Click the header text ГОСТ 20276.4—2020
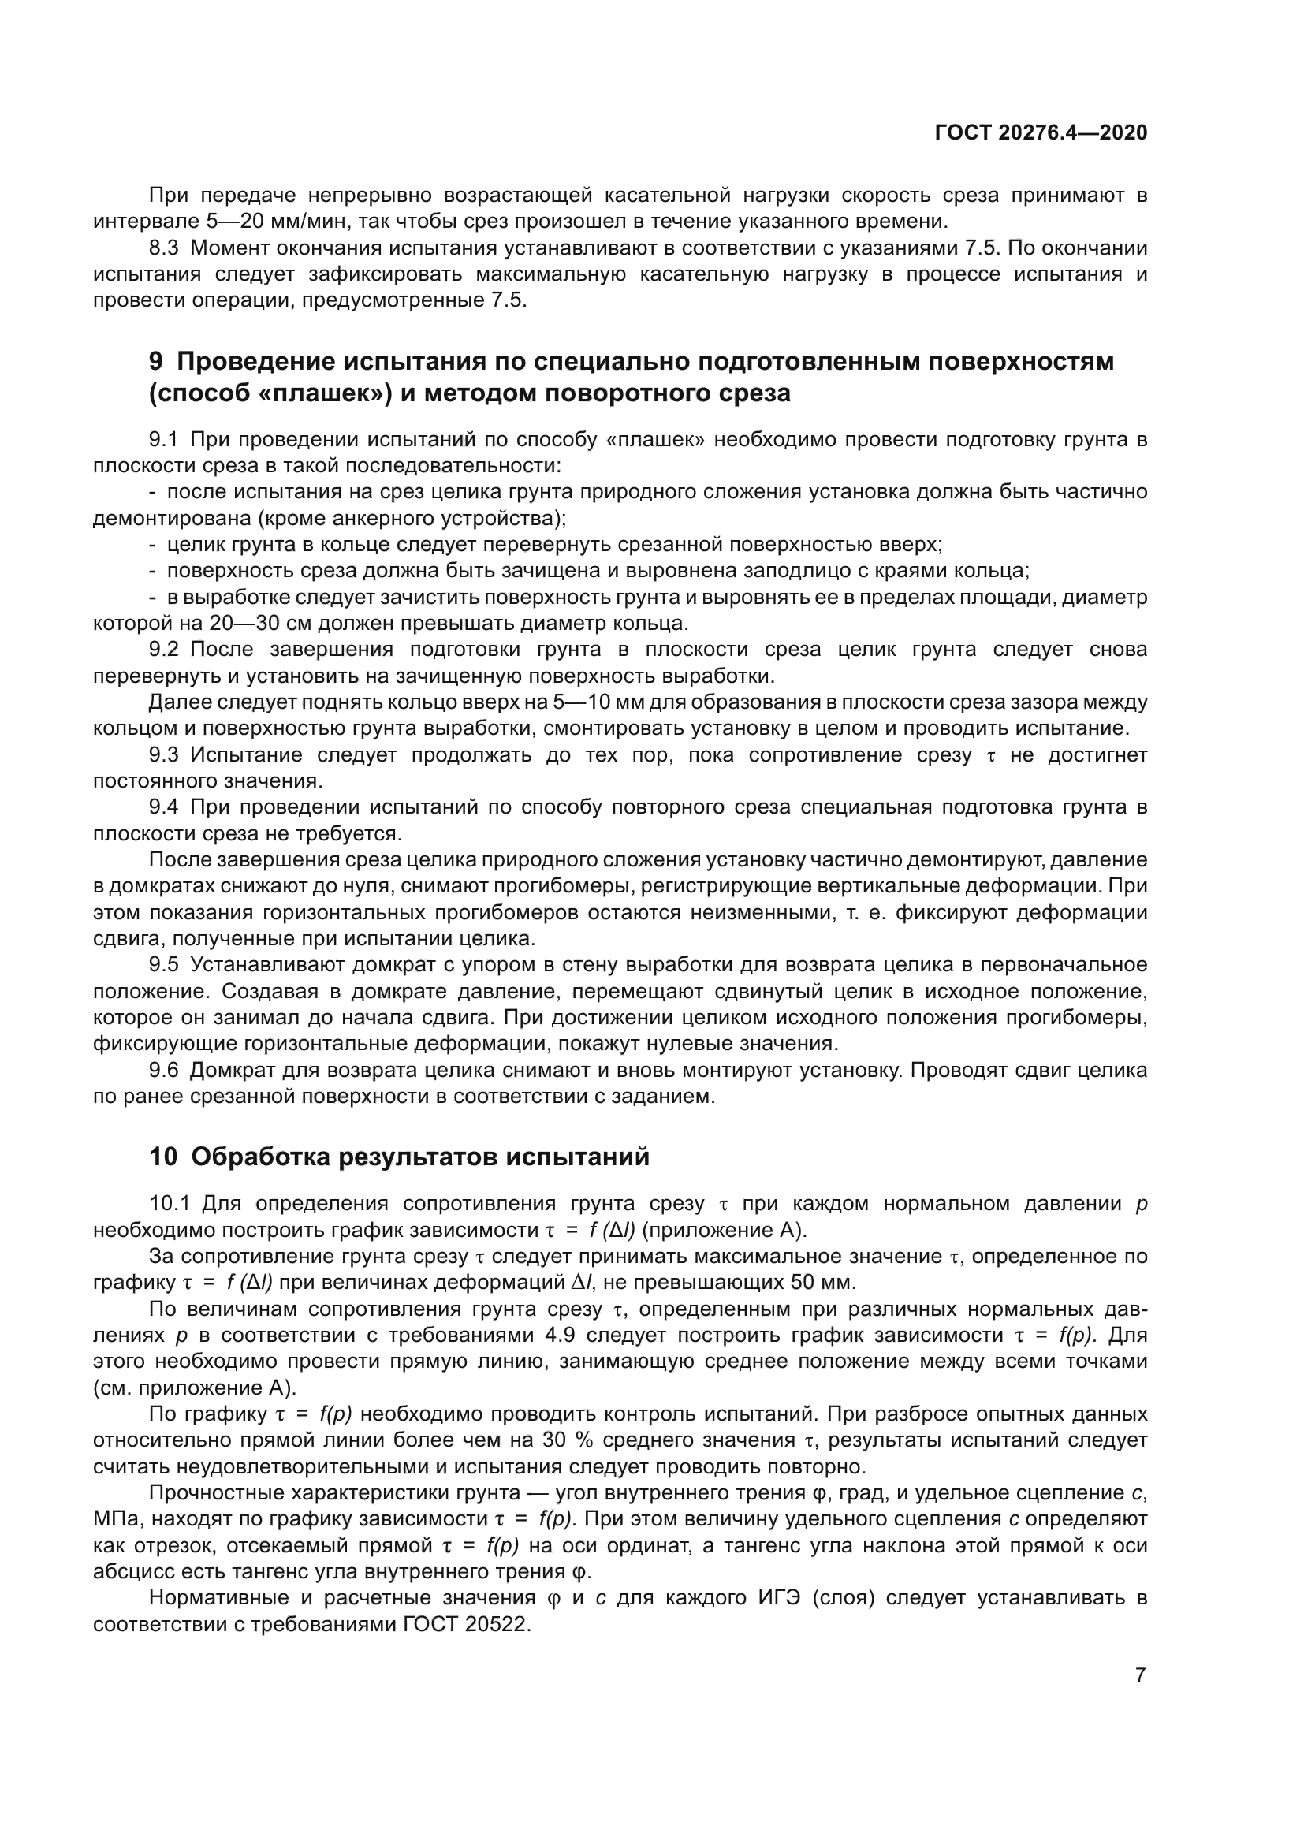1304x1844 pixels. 1041,133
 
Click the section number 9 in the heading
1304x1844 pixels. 156,362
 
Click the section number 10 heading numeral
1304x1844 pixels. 163,1157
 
